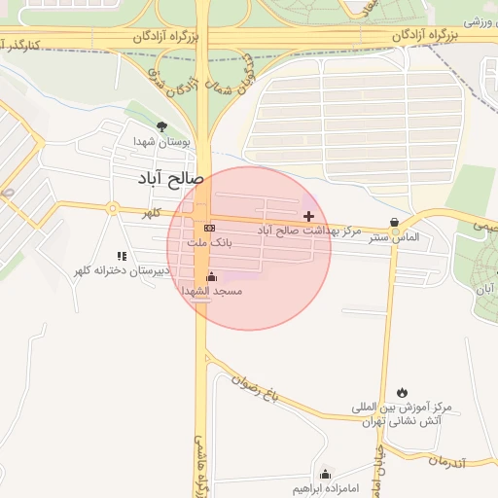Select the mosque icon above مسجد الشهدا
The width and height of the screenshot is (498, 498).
pos(211,276)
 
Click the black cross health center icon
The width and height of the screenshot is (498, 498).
pos(309,215)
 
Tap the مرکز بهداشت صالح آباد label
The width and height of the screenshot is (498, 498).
pos(308,231)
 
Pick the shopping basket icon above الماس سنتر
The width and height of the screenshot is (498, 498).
pos(393,222)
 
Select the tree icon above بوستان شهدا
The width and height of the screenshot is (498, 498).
pos(161,126)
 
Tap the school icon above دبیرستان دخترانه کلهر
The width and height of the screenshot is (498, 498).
pos(122,256)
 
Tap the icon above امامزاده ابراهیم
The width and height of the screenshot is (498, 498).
pos(325,473)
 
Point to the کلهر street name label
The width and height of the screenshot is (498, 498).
pos(152,212)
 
